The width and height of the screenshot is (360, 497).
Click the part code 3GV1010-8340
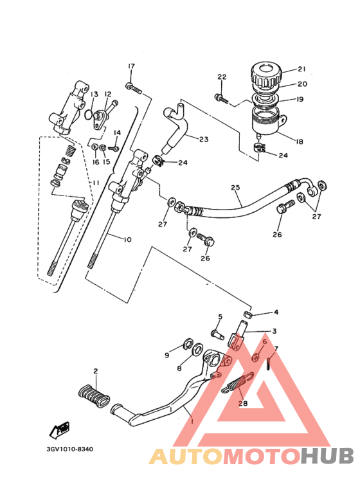coord(69,449)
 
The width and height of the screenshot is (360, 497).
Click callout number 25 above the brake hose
coord(235,188)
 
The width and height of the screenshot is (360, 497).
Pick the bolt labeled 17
coord(133,86)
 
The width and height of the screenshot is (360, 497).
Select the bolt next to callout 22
coord(221,98)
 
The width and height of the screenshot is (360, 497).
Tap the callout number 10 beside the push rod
coord(126,239)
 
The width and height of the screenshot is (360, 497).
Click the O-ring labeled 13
coord(88,114)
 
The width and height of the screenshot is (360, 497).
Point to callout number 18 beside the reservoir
coord(300,141)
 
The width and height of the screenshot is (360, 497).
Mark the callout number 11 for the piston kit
coord(94,183)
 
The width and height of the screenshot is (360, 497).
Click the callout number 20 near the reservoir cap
coord(301,84)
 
